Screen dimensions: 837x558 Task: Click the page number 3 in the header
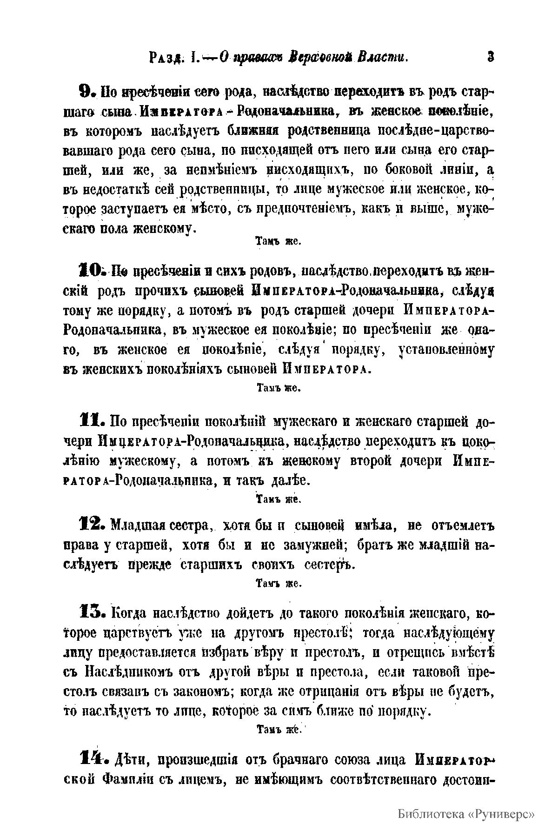(490, 57)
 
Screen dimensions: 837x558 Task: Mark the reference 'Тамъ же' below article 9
(278, 242)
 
